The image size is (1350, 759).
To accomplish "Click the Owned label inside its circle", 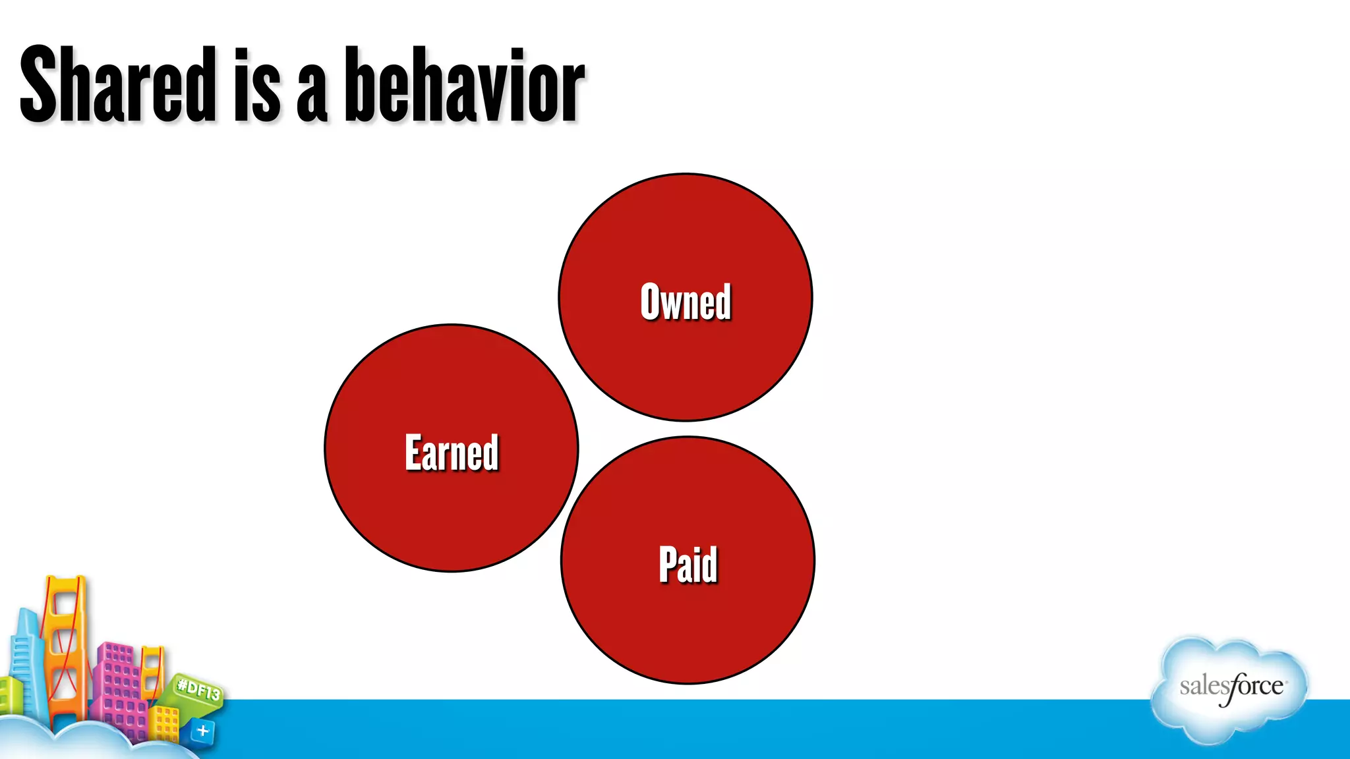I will click(686, 302).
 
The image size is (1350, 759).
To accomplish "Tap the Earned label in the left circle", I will click(452, 453).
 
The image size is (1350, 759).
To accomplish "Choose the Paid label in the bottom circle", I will click(688, 565).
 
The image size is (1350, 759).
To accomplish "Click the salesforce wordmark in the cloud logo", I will click(1231, 687).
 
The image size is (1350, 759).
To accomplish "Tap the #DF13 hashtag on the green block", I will click(198, 690).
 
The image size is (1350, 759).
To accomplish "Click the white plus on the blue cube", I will click(203, 731).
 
